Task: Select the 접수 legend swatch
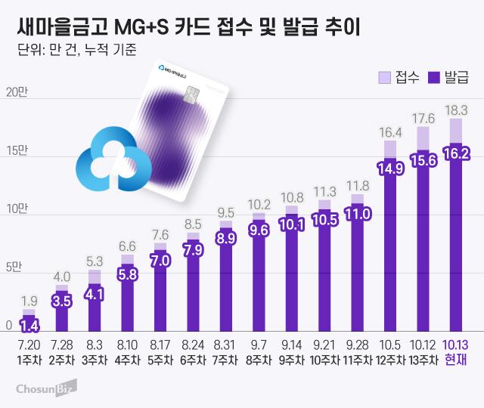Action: pyautogui.click(x=384, y=76)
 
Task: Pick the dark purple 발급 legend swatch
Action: pyautogui.click(x=434, y=76)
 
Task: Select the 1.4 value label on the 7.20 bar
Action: pyautogui.click(x=29, y=326)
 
